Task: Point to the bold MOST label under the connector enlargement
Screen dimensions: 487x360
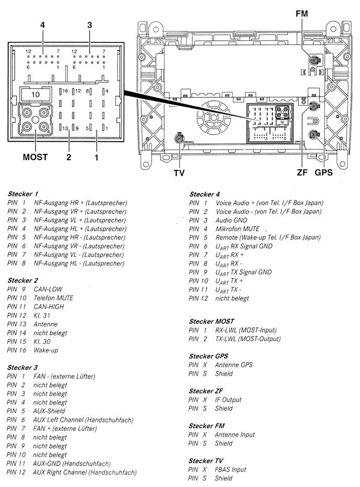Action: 35,156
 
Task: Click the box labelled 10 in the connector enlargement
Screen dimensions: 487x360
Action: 35,94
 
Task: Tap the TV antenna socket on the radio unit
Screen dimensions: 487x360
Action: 179,138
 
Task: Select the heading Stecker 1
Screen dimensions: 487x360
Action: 23,194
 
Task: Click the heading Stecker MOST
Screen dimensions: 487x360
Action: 211,321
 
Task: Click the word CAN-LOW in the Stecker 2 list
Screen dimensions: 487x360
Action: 48,289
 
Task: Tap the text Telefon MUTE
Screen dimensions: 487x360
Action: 53,298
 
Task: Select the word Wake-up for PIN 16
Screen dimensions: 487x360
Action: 47,350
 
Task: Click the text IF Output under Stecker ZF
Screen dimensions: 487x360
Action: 228,400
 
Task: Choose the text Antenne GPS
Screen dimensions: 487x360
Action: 233,365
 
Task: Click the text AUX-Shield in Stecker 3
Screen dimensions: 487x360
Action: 50,411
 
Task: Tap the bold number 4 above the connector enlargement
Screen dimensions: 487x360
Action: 42,25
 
